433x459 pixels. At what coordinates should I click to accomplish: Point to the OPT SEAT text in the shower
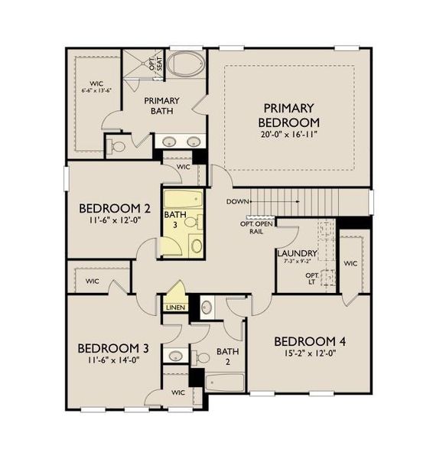click(159, 62)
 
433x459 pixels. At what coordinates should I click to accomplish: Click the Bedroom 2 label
click(115, 208)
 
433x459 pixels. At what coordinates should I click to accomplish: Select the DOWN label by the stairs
click(236, 201)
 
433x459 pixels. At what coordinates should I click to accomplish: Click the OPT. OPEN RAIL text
click(257, 227)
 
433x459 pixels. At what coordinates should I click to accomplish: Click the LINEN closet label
click(174, 308)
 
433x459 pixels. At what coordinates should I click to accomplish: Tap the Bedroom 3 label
click(113, 348)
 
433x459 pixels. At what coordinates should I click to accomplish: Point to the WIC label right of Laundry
click(350, 263)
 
